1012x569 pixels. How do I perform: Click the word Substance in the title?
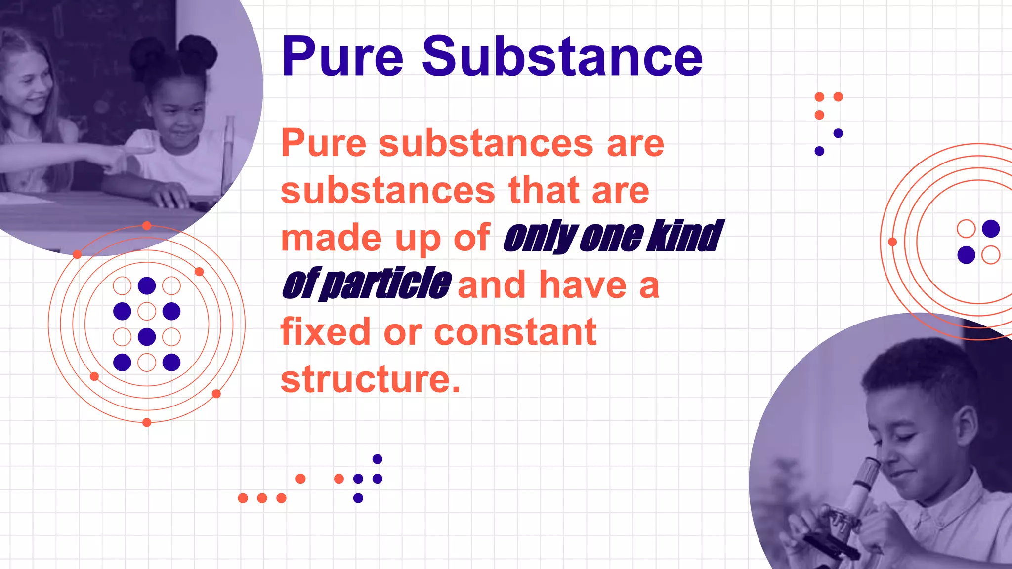(562, 57)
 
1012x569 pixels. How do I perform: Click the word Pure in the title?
(342, 57)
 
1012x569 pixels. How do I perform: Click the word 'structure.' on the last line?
(371, 379)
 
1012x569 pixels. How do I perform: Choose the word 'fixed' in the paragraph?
(326, 332)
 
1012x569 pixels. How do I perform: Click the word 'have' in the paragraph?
(583, 285)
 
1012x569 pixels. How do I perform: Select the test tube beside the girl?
(228, 148)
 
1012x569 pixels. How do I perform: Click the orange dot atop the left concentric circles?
(147, 226)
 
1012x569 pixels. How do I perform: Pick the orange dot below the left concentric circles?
(147, 422)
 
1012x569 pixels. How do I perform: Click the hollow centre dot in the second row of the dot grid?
(147, 311)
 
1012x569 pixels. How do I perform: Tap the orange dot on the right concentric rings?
(892, 242)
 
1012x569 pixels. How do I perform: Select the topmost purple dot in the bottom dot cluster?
(377, 459)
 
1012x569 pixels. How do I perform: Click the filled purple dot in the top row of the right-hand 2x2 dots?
(991, 229)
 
